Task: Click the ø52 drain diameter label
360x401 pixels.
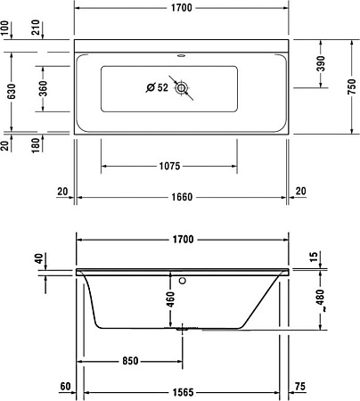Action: coord(157,87)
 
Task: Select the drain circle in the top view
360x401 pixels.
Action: coord(182,88)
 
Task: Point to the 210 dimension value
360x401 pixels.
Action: coord(42,26)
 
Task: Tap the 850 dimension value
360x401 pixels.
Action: coord(131,362)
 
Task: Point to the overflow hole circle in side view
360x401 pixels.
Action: coord(182,279)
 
